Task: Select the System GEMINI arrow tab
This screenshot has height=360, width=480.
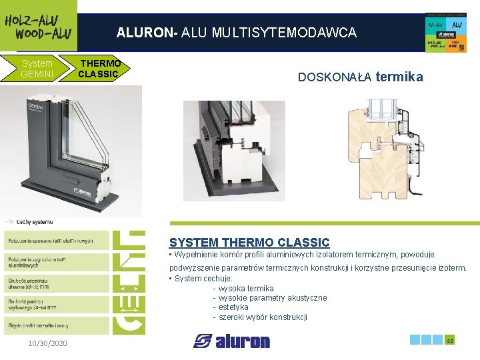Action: tap(37, 69)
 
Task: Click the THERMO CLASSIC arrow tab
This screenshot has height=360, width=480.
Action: tap(99, 69)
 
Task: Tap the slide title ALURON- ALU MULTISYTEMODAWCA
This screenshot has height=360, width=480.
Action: tap(237, 32)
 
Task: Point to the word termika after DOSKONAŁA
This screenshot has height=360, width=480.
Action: tap(399, 77)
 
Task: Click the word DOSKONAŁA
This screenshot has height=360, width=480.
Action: tap(335, 77)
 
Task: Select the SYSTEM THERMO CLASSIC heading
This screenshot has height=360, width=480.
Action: tap(249, 243)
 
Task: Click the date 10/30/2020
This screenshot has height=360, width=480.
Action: tap(47, 343)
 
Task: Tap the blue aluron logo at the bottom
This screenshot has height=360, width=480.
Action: tap(231, 341)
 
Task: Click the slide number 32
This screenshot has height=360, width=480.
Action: tap(450, 341)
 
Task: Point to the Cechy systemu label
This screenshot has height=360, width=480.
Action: tap(35, 221)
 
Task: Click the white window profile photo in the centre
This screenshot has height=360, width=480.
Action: tap(233, 150)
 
